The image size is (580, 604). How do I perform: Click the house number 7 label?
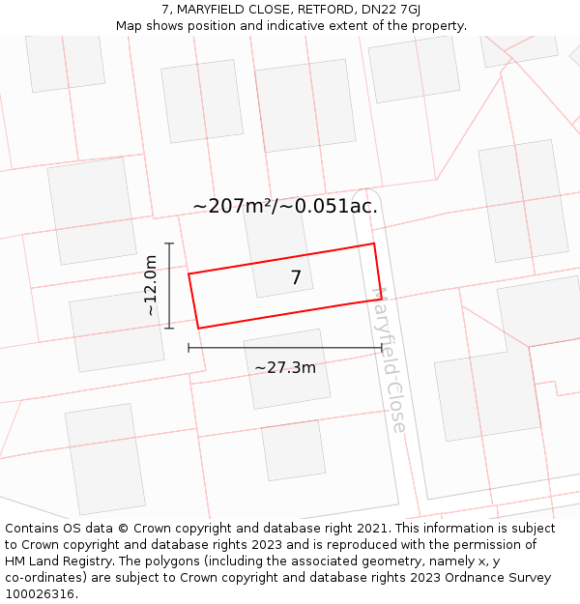coord(296,278)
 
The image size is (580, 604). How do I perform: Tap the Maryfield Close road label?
coord(390,360)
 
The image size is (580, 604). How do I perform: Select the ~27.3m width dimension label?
coord(285,368)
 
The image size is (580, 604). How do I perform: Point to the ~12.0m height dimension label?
coord(151,286)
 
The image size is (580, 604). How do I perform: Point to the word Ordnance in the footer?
coord(458,578)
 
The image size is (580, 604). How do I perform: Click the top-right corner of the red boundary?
coord(374,244)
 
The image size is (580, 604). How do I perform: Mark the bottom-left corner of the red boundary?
coord(199,329)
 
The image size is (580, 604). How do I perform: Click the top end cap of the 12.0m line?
coord(169,244)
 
